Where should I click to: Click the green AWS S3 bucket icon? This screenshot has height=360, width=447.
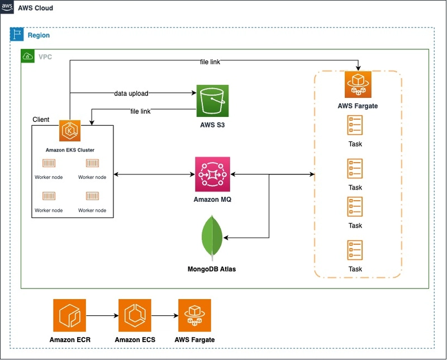point(212,101)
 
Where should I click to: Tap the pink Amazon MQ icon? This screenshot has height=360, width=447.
point(212,174)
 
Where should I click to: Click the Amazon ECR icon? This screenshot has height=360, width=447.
point(69,315)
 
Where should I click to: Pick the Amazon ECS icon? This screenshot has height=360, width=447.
point(135,315)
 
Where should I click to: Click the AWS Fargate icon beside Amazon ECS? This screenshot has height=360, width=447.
point(194,315)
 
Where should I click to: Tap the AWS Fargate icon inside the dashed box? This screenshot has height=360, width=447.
point(358,84)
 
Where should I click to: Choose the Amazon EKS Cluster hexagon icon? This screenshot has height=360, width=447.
point(70,131)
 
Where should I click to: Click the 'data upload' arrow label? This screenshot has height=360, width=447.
point(131,93)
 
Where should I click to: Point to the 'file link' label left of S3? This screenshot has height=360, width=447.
point(140,111)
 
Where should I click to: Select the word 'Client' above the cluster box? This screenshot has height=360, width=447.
point(41,119)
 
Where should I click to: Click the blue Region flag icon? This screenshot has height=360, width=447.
point(17,35)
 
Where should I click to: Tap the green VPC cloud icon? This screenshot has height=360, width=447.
point(27,56)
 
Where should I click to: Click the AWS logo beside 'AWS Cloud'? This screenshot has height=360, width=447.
point(7,7)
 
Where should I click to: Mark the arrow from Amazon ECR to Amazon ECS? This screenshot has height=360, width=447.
point(102,315)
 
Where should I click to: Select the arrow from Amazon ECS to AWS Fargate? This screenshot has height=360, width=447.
point(165,315)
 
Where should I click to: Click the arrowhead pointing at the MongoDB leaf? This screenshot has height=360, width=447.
point(226,238)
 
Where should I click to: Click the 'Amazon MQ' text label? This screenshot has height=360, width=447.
point(212,200)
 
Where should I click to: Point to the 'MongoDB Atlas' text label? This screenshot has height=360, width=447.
point(212,269)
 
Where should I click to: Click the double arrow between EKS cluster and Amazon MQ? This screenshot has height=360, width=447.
point(154,174)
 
